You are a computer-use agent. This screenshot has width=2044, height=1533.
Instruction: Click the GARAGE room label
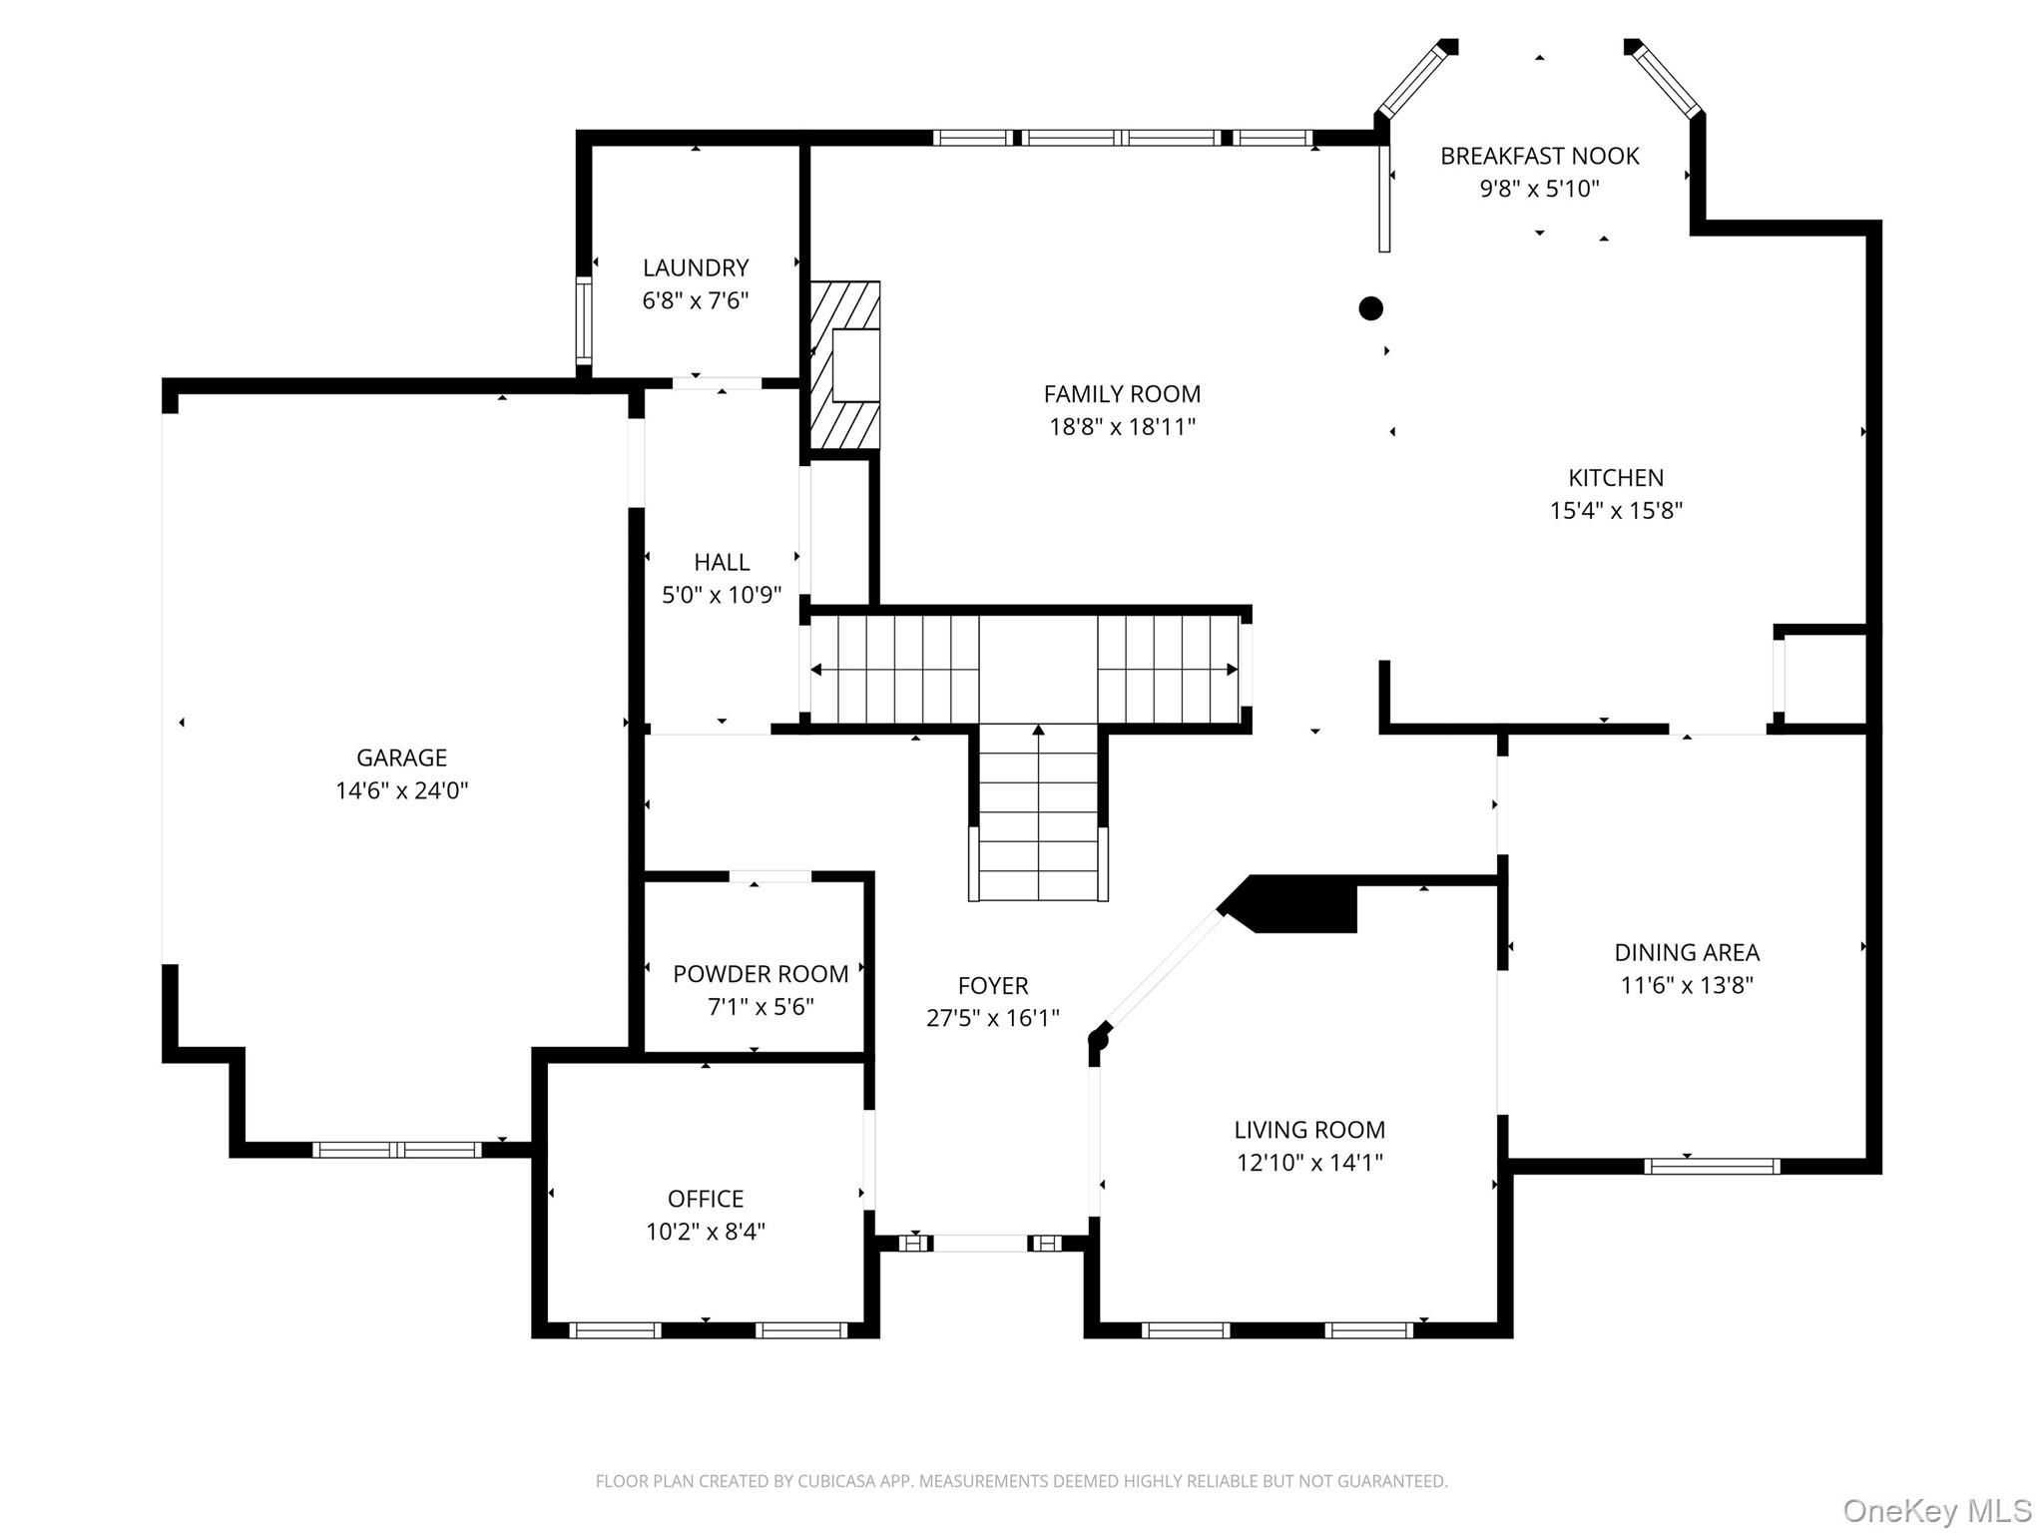pos(401,758)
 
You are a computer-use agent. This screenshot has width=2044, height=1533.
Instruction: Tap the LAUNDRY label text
pos(696,267)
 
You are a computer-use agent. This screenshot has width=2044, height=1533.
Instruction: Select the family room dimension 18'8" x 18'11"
pos(1122,426)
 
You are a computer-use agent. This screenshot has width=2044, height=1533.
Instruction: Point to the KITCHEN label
pos(1616,477)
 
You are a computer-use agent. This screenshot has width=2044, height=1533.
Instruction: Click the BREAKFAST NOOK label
pos(1539,156)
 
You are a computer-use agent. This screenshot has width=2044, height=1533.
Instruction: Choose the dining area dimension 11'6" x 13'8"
pos(1687,985)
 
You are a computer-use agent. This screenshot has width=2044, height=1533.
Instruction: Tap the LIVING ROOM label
pos(1309,1130)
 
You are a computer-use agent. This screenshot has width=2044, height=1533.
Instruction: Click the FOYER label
pos(993,986)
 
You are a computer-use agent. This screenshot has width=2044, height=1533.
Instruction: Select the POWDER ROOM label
pos(761,974)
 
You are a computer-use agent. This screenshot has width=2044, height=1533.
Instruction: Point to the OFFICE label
pos(706,1199)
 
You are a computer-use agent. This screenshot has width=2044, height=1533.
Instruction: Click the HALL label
pos(722,562)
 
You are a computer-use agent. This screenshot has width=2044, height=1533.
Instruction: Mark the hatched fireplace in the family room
pos(844,365)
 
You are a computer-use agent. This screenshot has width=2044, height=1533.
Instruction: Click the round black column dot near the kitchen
pos(1371,308)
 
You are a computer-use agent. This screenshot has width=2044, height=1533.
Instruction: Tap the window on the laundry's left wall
pos(584,320)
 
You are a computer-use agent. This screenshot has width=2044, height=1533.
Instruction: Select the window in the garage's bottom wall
pos(397,1150)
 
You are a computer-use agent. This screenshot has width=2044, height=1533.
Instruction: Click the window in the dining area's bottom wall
pos(1712,1166)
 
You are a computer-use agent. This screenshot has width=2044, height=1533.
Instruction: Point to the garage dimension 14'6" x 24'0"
pos(401,790)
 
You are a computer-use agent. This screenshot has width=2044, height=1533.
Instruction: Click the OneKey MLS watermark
pos(1937,1511)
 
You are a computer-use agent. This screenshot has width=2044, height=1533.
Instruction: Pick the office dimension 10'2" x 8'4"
pos(706,1232)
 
